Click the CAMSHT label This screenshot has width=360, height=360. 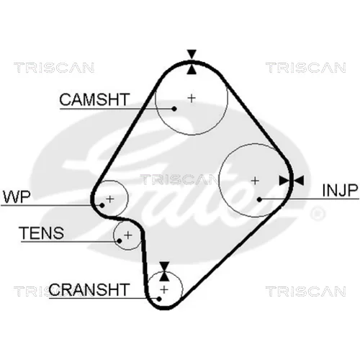coord(94,99)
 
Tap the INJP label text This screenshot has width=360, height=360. coord(340,190)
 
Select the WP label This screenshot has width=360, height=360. coord(17,197)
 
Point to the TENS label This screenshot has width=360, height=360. coord(42,233)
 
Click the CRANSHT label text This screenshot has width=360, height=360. coord(89,289)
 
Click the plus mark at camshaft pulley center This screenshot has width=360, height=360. coord(192,98)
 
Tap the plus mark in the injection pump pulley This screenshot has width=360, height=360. coord(255,181)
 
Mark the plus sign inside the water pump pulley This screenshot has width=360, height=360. coord(110,199)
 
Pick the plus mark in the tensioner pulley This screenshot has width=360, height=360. coord(128,235)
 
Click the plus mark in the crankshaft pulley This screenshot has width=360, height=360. coord(164,289)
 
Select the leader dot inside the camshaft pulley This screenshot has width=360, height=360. coord(174,109)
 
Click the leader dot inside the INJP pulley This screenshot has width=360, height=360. coord(259,199)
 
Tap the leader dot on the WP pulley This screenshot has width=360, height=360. coord(102,205)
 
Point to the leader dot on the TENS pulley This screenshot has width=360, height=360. coord(120,240)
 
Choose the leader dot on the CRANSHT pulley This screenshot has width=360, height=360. coord(159,299)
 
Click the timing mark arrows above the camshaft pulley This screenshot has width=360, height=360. coord(192,62)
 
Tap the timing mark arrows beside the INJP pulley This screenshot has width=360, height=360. coord(292,181)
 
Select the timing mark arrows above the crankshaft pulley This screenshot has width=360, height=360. coord(164,271)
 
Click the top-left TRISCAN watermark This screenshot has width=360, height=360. coord(54,68)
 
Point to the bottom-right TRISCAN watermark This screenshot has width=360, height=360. coord(306,291)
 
